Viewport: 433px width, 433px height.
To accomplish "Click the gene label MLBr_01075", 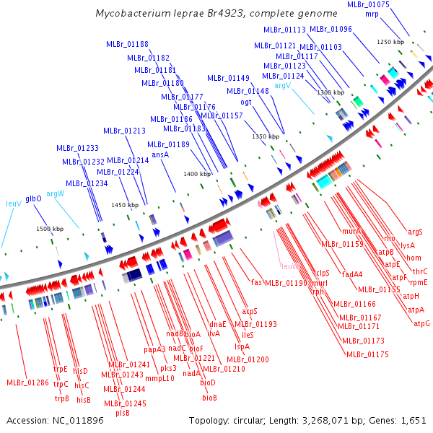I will tap(368, 4).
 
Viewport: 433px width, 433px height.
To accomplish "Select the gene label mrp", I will tap(372, 14).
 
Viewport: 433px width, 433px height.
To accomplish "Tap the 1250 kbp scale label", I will tap(390, 42).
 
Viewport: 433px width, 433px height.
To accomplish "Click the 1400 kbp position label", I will tap(197, 174).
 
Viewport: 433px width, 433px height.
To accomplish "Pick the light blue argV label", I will tap(282, 85).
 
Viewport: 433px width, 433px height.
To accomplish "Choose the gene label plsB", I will tap(123, 413).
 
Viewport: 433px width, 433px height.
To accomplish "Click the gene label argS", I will tap(415, 232).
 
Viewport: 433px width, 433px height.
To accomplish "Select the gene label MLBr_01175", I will tap(367, 354).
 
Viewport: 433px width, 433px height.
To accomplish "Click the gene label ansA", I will tap(159, 154).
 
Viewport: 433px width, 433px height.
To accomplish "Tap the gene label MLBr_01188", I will tap(127, 44).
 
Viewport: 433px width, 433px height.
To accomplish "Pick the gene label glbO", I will tap(33, 198).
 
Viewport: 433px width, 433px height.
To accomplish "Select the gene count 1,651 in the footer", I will tap(415, 420).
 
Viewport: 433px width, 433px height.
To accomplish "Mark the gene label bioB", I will tap(209, 398).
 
